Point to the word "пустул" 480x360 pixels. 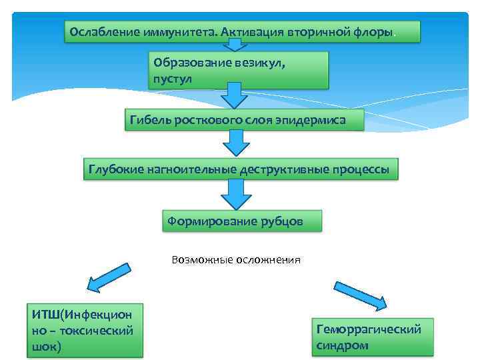[x=173, y=79]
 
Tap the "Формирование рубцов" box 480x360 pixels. [x=242, y=221]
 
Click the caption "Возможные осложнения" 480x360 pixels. [x=236, y=260]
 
